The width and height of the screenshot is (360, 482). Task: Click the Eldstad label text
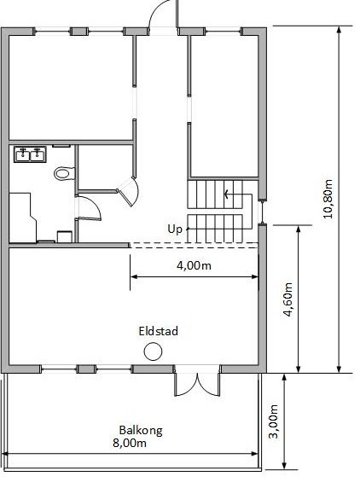point(158,331)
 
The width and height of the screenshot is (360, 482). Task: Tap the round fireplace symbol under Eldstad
point(153,351)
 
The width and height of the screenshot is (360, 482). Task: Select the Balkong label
point(141,431)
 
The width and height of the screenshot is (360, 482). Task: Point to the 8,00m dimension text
point(130,444)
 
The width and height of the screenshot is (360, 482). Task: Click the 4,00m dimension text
point(194,265)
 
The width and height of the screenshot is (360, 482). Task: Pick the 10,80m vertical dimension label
point(328,199)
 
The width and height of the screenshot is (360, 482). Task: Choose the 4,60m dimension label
point(287,299)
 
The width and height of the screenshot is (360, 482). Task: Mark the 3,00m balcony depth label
point(273,421)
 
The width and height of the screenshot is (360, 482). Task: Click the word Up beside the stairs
point(175,229)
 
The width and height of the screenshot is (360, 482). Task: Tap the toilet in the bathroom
point(65,173)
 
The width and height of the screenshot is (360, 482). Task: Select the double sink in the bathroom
point(30,154)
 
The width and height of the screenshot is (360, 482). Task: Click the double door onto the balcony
point(197,384)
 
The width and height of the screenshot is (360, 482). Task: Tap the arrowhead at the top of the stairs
point(227,195)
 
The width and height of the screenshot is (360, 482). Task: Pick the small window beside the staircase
point(262,212)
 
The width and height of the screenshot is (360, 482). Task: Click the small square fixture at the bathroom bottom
point(65,236)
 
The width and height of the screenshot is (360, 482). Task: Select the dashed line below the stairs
point(195,245)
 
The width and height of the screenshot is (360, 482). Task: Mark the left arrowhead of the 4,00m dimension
point(133,276)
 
